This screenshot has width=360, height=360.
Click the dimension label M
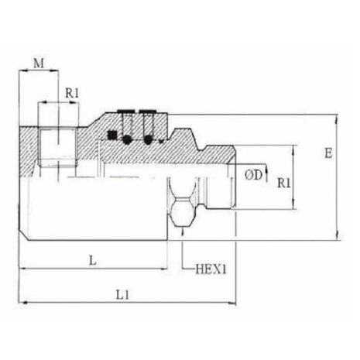click(x=39, y=63)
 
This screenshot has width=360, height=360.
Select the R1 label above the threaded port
click(x=72, y=93)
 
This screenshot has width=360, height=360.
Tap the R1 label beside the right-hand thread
click(x=284, y=183)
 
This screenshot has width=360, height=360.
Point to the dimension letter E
click(x=328, y=153)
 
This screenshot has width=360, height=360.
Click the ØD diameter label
click(x=253, y=175)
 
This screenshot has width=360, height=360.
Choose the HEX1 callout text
click(x=211, y=269)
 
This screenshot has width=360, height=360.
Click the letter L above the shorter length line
click(x=93, y=260)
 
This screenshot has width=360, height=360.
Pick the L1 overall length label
click(x=122, y=295)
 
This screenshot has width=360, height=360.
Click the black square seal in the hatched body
click(x=112, y=135)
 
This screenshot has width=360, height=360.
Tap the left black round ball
click(x=126, y=139)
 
